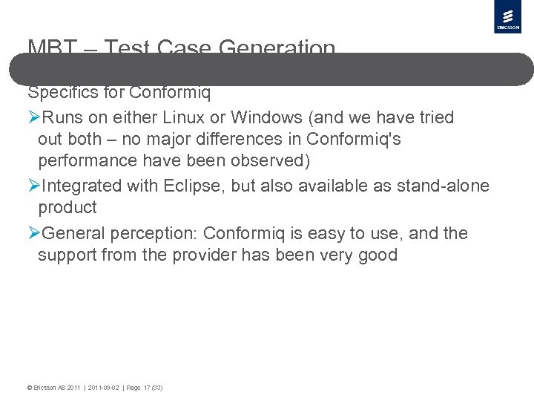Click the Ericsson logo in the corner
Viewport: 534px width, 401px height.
[x=508, y=17]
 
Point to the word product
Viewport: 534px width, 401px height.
[x=67, y=207]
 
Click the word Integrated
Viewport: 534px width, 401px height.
[x=79, y=186]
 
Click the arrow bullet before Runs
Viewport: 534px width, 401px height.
[x=34, y=117]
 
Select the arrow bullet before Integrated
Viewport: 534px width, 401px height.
[x=34, y=186]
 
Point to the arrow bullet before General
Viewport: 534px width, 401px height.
[x=34, y=233]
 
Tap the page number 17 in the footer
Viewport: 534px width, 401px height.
[x=147, y=388]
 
